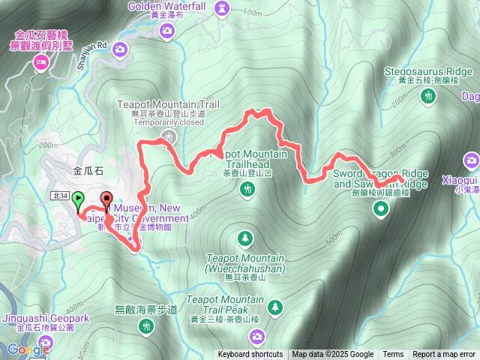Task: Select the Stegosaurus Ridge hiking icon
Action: coord(429,96)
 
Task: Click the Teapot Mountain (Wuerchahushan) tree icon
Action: coord(244,238)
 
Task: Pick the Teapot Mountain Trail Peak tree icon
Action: coord(276,306)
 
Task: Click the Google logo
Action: coord(28,349)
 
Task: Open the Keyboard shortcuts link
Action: coord(250,355)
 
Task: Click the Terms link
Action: coord(393,355)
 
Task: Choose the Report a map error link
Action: coord(445,355)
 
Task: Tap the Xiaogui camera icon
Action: coord(471,160)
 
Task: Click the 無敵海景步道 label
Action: coord(146,309)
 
